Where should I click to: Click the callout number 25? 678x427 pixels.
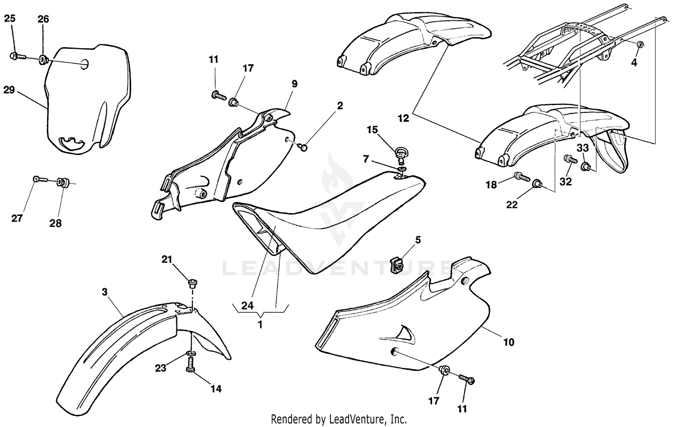click(9, 19)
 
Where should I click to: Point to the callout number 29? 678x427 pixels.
click(9, 90)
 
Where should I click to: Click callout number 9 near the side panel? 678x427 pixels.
click(294, 84)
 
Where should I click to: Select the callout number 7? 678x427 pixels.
click(366, 159)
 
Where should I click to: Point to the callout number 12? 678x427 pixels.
click(403, 118)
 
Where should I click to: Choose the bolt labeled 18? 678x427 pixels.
click(522, 176)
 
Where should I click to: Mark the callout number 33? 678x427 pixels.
click(582, 148)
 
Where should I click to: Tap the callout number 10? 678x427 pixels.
click(508, 342)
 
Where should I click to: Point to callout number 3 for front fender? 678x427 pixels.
click(104, 292)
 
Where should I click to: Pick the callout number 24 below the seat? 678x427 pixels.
click(247, 305)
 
